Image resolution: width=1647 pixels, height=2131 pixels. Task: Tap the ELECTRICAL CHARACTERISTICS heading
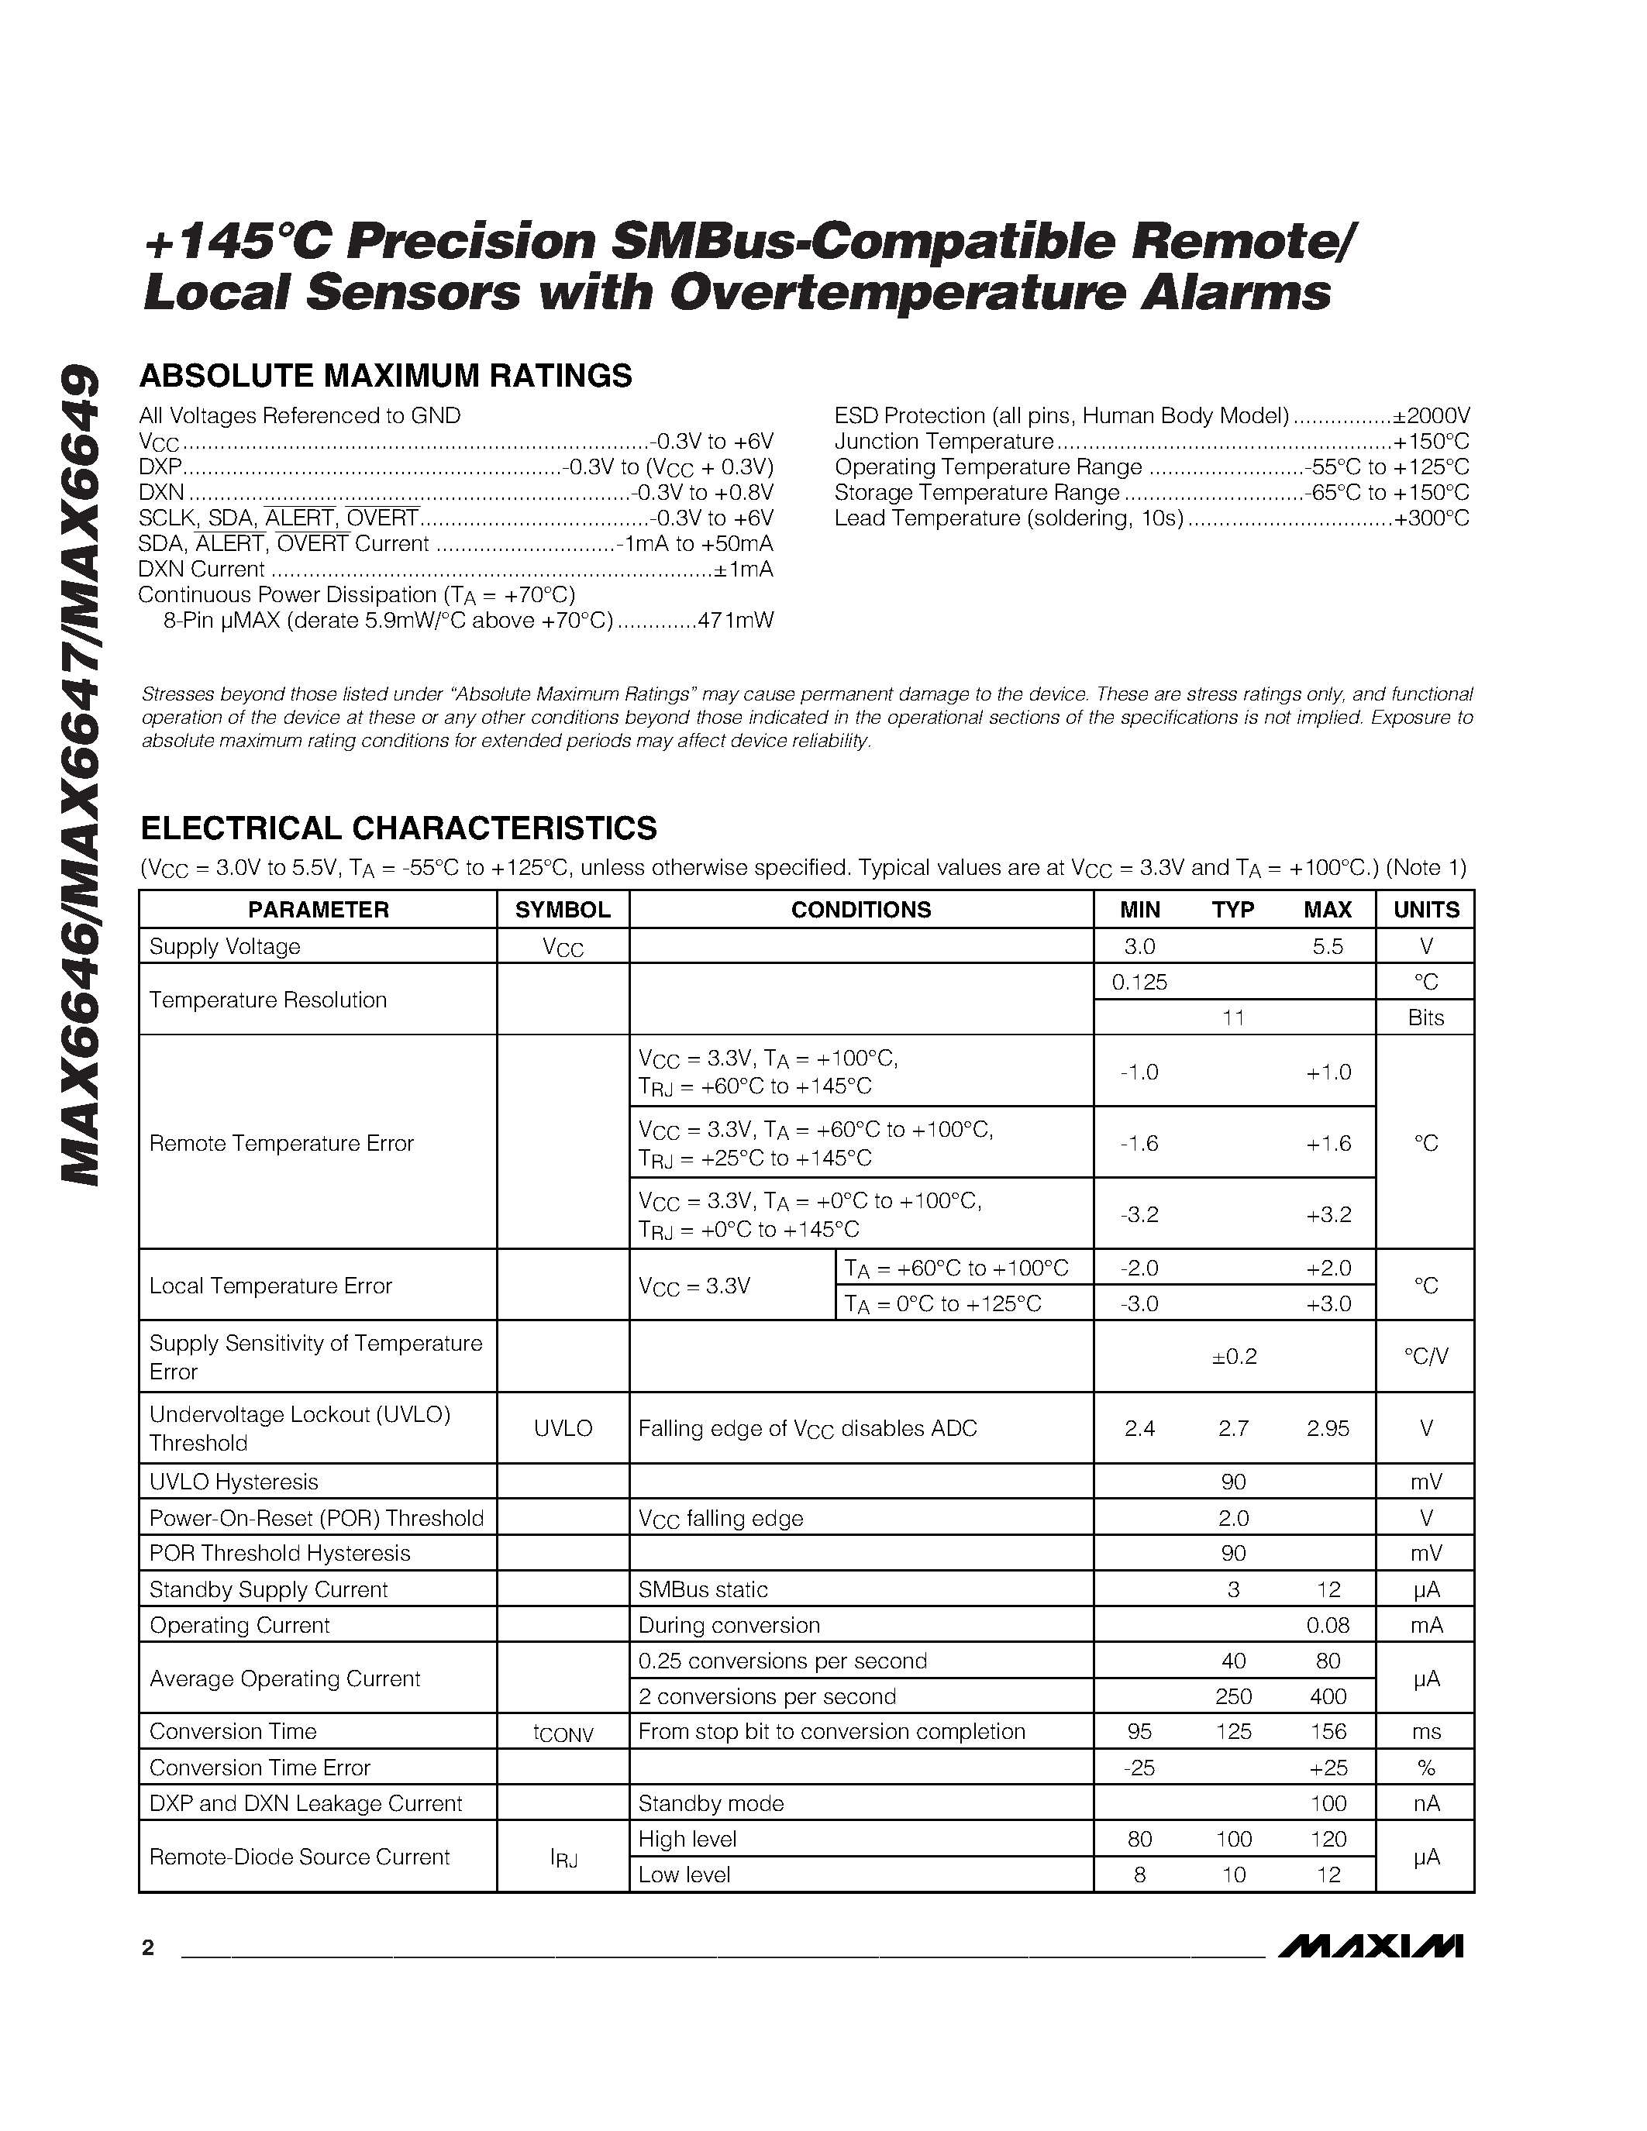tap(398, 828)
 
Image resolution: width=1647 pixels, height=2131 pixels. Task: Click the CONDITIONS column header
tap(860, 910)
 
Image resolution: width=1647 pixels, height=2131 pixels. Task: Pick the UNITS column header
tap(1425, 910)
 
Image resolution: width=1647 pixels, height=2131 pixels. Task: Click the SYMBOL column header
tap(562, 910)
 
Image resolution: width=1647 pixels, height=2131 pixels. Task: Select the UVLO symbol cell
tap(563, 1428)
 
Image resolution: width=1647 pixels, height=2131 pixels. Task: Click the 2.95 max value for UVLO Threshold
tap(1328, 1428)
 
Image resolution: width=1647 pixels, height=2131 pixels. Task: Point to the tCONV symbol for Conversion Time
tap(563, 1733)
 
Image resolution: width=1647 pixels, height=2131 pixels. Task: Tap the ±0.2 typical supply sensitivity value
tap(1233, 1356)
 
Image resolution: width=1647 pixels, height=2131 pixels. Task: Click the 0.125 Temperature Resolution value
tap(1139, 982)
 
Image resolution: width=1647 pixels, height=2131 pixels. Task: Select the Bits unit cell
tap(1425, 1017)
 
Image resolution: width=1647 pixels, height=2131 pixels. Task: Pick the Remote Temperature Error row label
tap(281, 1142)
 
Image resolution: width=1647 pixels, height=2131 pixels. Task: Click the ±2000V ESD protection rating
tap(1431, 415)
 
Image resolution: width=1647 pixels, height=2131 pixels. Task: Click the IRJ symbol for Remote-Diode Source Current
tap(563, 1857)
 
